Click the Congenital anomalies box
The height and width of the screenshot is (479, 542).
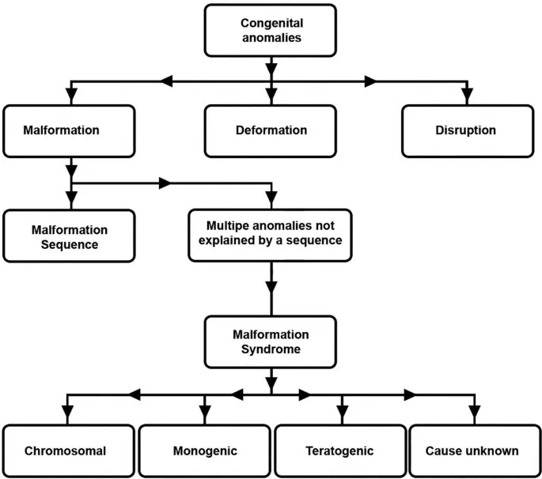point(271,32)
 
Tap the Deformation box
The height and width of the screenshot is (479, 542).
point(271,130)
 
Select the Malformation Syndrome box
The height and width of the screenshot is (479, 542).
point(271,342)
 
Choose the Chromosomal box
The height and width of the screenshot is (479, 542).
point(66,451)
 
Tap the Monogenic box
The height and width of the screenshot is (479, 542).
point(204,451)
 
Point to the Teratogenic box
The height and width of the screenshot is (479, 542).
point(339,451)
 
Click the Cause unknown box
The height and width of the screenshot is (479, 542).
point(472,451)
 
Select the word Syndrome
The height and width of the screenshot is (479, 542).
point(271,349)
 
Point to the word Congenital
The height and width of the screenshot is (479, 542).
point(271,24)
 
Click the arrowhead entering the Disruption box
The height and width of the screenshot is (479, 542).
point(467,96)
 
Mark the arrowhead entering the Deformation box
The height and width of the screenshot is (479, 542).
point(271,96)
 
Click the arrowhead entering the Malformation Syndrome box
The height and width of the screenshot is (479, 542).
point(271,307)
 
